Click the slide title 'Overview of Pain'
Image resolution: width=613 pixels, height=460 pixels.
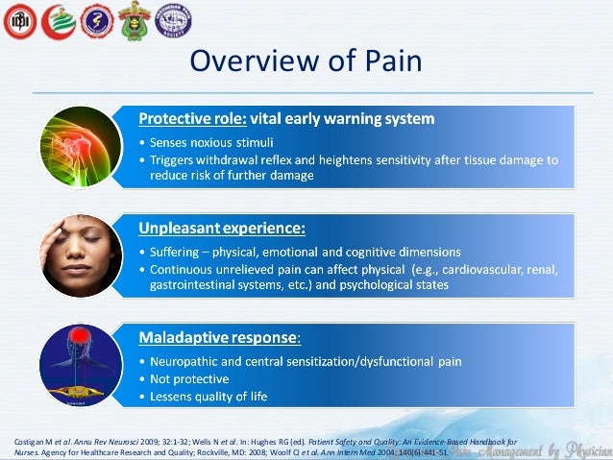click(306, 60)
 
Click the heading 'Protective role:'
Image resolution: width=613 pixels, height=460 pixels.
click(193, 120)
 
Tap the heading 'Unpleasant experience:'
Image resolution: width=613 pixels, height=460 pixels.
click(222, 229)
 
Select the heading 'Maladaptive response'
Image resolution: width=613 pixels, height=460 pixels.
click(218, 338)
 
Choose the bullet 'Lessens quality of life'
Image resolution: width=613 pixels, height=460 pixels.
click(208, 396)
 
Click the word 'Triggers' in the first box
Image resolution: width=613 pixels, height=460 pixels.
click(173, 160)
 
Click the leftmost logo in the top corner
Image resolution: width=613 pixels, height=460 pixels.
click(19, 21)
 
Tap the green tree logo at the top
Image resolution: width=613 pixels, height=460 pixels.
click(58, 21)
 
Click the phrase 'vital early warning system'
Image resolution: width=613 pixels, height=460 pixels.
click(342, 120)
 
